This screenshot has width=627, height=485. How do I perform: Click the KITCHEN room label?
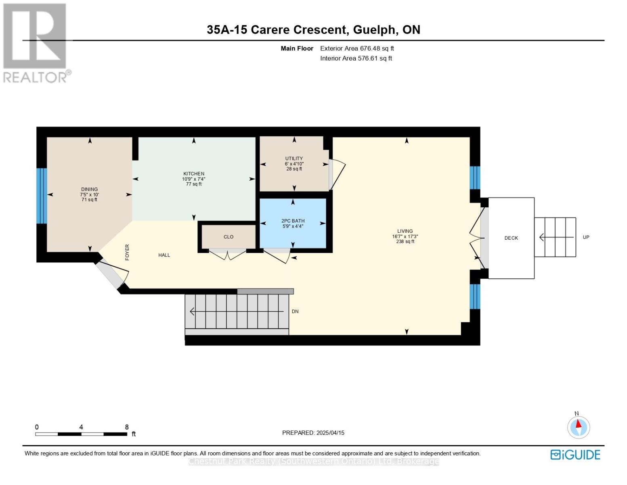(194, 174)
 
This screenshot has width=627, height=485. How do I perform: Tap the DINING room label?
(90, 189)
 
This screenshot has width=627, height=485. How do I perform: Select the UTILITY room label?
(294, 158)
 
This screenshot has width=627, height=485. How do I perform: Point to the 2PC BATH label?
(293, 221)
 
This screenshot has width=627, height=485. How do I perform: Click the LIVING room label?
(405, 231)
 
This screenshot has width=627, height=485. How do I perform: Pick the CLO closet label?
(229, 237)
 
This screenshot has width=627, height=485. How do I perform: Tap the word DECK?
(511, 238)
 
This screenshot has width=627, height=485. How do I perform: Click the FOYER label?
(127, 252)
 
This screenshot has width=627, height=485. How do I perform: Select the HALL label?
(164, 255)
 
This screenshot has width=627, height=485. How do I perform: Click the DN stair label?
(295, 311)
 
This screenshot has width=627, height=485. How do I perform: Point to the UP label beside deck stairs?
(586, 237)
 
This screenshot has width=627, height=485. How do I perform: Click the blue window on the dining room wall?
(42, 196)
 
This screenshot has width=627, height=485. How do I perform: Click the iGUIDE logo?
(575, 454)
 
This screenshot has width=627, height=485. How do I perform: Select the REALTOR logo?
(36, 43)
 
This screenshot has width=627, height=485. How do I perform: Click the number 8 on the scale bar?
(127, 427)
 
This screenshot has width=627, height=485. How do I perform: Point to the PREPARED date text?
(313, 433)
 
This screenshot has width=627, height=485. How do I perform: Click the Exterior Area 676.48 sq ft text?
(357, 48)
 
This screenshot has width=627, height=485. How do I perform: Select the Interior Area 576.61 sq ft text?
(356, 58)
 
